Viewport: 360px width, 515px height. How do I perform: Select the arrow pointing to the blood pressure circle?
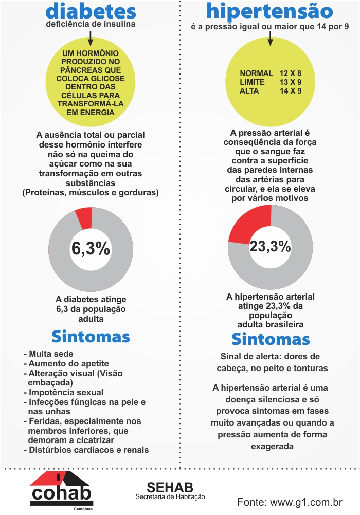coord(270,38)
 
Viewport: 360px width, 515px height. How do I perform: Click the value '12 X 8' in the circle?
coord(291,73)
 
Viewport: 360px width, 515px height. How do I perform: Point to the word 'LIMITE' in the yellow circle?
coord(252,82)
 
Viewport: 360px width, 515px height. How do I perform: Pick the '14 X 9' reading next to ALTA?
coord(291,91)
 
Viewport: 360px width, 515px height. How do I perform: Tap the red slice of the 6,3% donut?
coord(84,218)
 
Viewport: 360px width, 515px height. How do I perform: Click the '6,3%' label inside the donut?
coord(91,248)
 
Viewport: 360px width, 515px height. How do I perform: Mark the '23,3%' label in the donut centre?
coord(270,246)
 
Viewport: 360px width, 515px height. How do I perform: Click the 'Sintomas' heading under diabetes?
coord(91,337)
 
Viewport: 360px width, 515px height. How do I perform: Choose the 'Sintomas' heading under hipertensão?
coord(271,339)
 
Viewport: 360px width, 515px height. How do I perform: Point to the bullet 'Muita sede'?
coord(49,354)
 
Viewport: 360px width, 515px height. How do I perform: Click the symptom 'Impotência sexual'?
coord(63,393)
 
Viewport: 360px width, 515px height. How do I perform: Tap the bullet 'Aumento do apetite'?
coord(66,363)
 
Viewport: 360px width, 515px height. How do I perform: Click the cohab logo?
coord(62,490)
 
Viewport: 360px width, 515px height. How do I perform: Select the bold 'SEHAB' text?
coord(170,487)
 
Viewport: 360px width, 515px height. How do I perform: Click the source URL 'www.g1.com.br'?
coord(306,502)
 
